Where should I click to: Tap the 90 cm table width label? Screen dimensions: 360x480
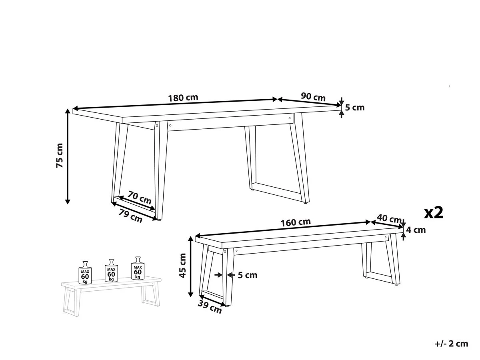[x=313, y=97]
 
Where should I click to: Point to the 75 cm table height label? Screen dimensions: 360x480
[x=60, y=155]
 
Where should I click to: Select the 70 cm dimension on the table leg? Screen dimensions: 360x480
[x=140, y=198]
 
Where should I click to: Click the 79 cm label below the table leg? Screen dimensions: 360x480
[x=131, y=216]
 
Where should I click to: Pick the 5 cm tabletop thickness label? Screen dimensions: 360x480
[x=355, y=107]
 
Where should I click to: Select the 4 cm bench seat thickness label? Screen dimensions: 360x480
[x=416, y=230]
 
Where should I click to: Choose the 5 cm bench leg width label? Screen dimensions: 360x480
[x=248, y=275]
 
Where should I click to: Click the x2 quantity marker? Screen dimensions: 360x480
[x=434, y=212]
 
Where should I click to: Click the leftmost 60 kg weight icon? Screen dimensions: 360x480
[x=85, y=272]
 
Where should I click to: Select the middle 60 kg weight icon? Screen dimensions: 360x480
[x=111, y=271]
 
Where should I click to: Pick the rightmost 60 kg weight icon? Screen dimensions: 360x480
[x=138, y=268]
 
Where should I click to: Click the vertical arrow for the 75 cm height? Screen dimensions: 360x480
[x=68, y=156]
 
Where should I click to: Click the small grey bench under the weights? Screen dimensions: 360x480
[x=110, y=294]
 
